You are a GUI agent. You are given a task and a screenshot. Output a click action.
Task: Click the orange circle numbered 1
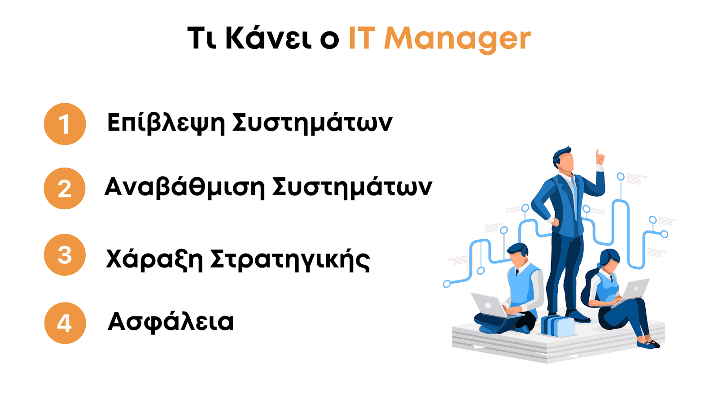pyautogui.click(x=65, y=124)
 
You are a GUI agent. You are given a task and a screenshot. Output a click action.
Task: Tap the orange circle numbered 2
pyautogui.click(x=65, y=189)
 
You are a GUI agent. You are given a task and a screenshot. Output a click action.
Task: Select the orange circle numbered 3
pyautogui.click(x=65, y=255)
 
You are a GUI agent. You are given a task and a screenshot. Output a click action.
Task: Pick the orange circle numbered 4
pyautogui.click(x=65, y=323)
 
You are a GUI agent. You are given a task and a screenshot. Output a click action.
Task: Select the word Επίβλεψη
pyautogui.click(x=166, y=123)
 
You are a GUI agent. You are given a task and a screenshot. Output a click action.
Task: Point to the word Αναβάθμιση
pyautogui.click(x=184, y=187)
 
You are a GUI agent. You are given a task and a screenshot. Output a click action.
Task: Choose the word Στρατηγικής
pyautogui.click(x=290, y=260)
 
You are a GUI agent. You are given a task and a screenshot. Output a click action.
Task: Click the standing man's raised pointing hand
pyautogui.click(x=600, y=158)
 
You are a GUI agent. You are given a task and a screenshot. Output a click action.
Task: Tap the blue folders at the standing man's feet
pyautogui.click(x=557, y=326)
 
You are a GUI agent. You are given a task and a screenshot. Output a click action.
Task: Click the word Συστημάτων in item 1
pyautogui.click(x=312, y=123)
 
